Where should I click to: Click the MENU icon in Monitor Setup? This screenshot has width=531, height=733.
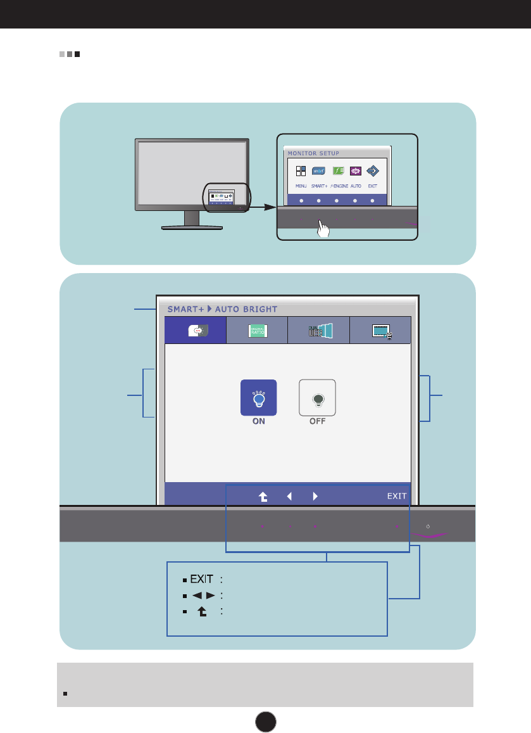301,171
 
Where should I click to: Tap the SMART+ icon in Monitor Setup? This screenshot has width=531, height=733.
318,171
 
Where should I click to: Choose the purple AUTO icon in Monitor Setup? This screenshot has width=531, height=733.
355,171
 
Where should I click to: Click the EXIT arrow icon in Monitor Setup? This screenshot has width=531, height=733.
372,171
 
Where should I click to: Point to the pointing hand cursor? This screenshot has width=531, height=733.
323,227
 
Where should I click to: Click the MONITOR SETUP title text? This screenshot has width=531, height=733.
313,153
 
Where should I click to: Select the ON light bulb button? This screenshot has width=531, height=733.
258,398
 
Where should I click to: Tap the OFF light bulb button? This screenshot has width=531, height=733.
317,398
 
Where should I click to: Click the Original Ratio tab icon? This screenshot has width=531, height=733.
257,330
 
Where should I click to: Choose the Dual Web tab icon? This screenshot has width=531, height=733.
318,330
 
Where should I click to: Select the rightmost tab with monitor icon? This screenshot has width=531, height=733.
380,330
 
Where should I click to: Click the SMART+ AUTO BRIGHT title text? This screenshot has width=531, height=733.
222,310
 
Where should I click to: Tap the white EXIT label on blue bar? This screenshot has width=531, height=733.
397,496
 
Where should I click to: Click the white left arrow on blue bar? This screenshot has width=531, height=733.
289,496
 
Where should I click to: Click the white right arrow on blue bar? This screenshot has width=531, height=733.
315,496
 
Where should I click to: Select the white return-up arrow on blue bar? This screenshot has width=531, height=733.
263,497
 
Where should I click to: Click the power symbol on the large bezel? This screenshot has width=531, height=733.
428,526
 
